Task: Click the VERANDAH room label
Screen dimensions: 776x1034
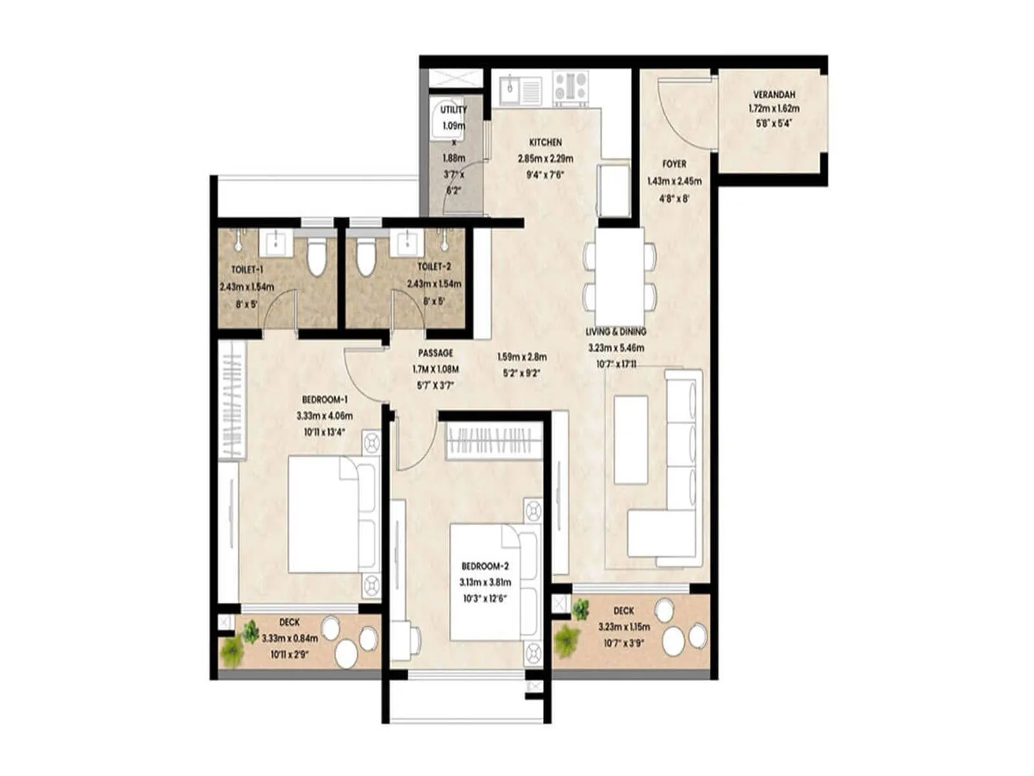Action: point(774,94)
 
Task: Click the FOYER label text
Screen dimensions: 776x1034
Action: point(674,164)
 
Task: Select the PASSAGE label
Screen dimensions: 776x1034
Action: point(435,353)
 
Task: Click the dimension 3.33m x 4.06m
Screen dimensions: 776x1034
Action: point(324,416)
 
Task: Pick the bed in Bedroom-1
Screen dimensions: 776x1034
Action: point(330,514)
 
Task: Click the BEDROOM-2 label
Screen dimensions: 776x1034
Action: point(485,566)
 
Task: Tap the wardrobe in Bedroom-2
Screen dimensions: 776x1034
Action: point(494,441)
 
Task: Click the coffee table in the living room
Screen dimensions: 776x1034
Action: point(631,440)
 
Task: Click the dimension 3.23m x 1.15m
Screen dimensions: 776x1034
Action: point(624,627)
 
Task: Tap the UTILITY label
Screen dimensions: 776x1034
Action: point(453,110)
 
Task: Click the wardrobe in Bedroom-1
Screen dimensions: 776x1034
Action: point(230,401)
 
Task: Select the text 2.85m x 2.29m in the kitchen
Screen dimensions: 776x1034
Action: point(545,158)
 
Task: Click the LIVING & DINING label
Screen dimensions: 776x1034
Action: point(615,332)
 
